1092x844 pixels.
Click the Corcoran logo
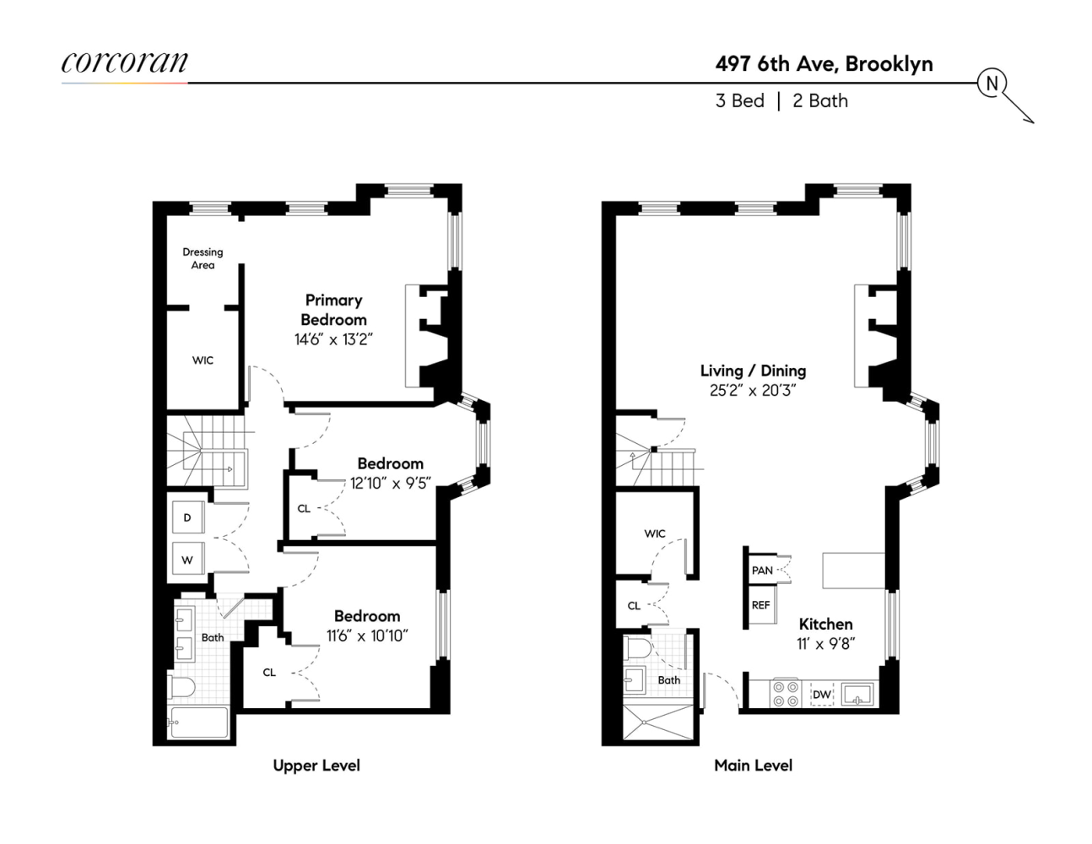[x=124, y=63]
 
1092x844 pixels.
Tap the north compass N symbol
[x=992, y=83]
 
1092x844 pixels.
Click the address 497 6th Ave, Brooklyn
[x=824, y=64]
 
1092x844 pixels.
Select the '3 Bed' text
[x=739, y=100]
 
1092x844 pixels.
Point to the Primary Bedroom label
[x=334, y=310]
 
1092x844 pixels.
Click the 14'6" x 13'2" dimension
[x=333, y=339]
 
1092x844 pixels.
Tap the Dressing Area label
[x=203, y=258]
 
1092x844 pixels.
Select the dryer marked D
[x=187, y=517]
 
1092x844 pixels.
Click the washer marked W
[x=187, y=559]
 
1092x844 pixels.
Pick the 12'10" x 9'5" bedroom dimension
[x=391, y=484]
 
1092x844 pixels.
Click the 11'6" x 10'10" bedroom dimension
[x=367, y=636]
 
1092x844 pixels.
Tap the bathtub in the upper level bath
[x=199, y=722]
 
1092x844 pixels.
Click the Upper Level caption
[x=316, y=766]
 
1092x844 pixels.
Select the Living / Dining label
[x=753, y=371]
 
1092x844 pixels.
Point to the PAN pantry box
[x=762, y=571]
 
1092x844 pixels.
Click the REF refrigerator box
[x=761, y=605]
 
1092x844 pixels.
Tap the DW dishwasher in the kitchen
[x=821, y=695]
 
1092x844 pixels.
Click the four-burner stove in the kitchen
[x=787, y=694]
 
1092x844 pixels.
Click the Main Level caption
[x=753, y=766]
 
